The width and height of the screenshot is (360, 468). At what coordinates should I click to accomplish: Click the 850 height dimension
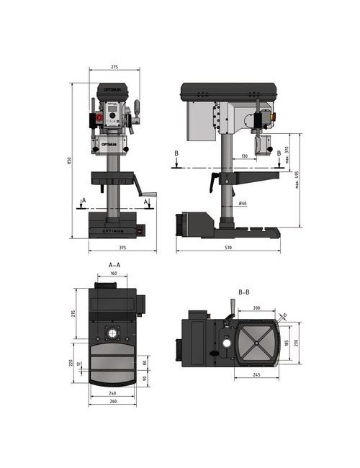pyautogui.click(x=69, y=160)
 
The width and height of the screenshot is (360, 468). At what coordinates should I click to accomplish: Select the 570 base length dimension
pyautogui.click(x=228, y=248)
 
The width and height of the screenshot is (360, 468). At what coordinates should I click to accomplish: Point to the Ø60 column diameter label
pyautogui.click(x=243, y=204)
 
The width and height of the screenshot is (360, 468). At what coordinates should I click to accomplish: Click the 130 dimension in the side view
pyautogui.click(x=245, y=156)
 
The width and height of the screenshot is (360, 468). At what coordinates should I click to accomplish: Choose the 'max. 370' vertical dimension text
pyautogui.click(x=287, y=153)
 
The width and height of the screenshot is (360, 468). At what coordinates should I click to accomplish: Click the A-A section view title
pyautogui.click(x=114, y=265)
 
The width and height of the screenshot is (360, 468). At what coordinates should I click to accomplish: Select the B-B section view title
pyautogui.click(x=243, y=292)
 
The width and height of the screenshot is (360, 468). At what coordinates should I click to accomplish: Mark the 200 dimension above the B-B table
pyautogui.click(x=258, y=307)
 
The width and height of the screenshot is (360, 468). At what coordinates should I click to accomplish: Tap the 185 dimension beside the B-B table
pyautogui.click(x=286, y=343)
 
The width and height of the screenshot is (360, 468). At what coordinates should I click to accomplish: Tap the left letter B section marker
pyautogui.click(x=176, y=153)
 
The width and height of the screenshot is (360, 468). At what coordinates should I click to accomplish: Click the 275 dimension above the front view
pyautogui.click(x=114, y=67)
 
